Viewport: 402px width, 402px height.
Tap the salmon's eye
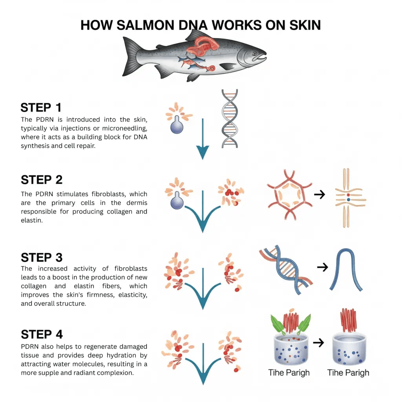(x=254, y=54)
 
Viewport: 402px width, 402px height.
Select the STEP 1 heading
(x=41, y=108)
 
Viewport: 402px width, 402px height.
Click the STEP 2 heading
(x=42, y=180)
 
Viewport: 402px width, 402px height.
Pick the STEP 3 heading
(x=42, y=258)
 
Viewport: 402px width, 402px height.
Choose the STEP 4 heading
(x=42, y=334)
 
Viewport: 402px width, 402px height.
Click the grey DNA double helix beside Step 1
(x=229, y=118)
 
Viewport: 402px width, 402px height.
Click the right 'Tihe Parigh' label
(x=348, y=372)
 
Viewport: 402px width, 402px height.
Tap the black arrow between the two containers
(x=320, y=343)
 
